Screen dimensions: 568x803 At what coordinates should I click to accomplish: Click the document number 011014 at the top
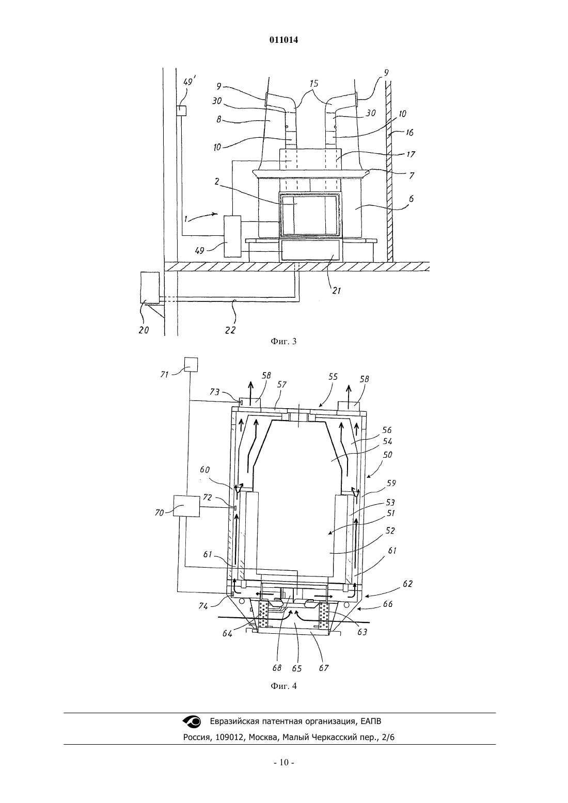(283, 40)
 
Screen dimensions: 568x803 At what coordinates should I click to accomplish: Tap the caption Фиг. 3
(283, 341)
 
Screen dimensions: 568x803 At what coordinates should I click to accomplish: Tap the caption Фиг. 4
(283, 686)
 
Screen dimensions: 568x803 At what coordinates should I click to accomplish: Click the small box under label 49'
(181, 111)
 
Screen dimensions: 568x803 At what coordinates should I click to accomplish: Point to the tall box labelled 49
(232, 236)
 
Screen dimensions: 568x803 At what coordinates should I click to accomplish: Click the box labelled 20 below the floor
(150, 287)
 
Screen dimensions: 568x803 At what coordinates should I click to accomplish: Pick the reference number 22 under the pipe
(230, 330)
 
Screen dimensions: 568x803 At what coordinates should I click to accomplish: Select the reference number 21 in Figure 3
(336, 291)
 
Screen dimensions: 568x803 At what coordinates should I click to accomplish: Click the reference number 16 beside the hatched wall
(409, 133)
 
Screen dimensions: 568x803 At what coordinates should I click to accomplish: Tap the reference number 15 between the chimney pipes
(313, 84)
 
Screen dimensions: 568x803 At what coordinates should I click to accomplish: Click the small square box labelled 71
(191, 364)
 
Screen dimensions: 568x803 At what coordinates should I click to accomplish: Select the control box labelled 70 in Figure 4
(186, 506)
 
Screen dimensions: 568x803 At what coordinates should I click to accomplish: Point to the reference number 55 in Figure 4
(333, 376)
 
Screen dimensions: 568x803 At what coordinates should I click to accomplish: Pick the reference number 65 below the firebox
(296, 669)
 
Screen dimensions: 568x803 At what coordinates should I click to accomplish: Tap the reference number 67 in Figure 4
(324, 668)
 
